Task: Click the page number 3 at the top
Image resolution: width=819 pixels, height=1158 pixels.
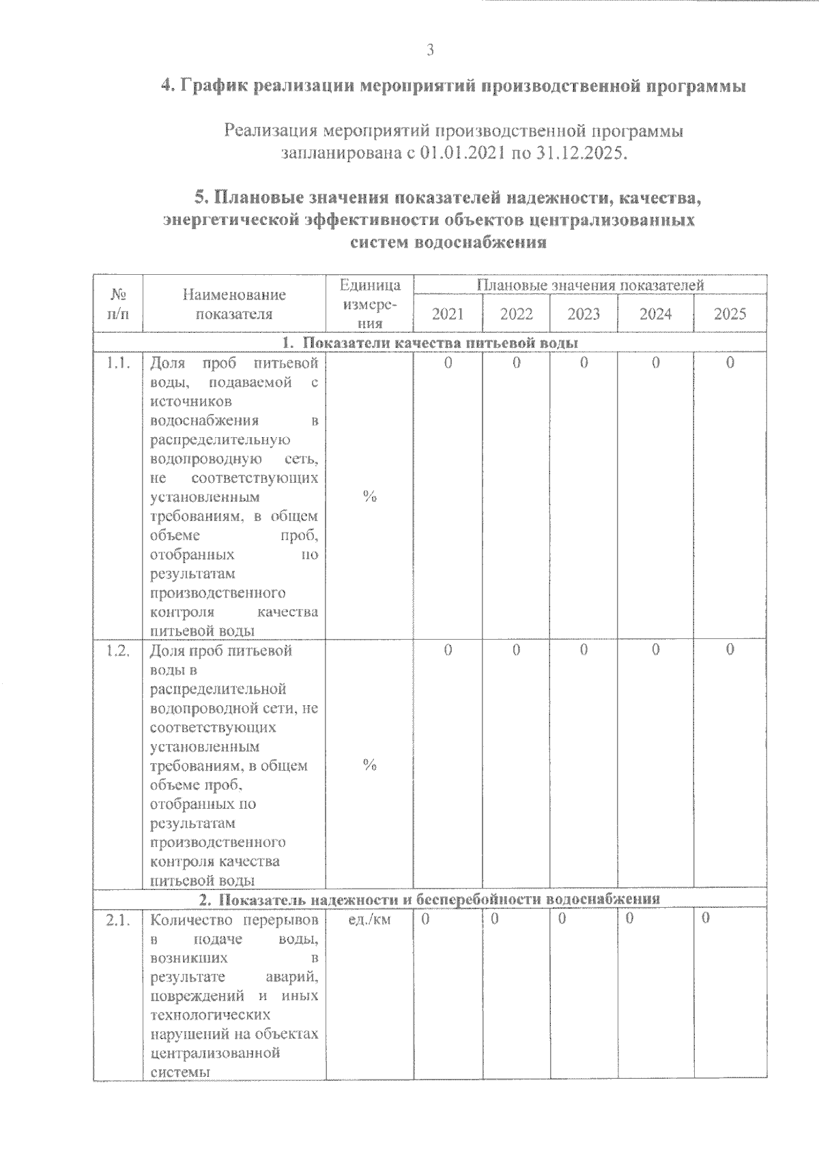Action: click(430, 50)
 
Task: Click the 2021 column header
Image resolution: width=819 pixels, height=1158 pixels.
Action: click(448, 314)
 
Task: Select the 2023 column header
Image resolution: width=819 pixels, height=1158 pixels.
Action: click(584, 314)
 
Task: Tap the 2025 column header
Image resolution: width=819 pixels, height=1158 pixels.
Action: click(730, 314)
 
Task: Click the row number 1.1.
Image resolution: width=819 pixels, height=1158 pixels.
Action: click(118, 363)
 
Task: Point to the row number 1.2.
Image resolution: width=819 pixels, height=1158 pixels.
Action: click(118, 651)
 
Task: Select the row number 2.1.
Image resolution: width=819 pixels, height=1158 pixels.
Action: click(118, 919)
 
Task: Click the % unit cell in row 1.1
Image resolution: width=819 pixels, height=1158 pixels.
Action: click(370, 497)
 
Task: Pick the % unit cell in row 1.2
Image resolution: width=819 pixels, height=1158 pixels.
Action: click(370, 766)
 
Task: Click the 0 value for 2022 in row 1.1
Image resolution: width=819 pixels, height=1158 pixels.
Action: click(516, 363)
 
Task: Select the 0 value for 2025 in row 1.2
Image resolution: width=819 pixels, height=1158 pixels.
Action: click(730, 651)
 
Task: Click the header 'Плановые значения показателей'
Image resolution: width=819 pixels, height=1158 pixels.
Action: click(590, 285)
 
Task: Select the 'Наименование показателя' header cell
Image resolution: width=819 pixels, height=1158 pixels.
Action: click(234, 304)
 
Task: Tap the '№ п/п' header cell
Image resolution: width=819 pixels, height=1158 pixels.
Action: click(118, 304)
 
